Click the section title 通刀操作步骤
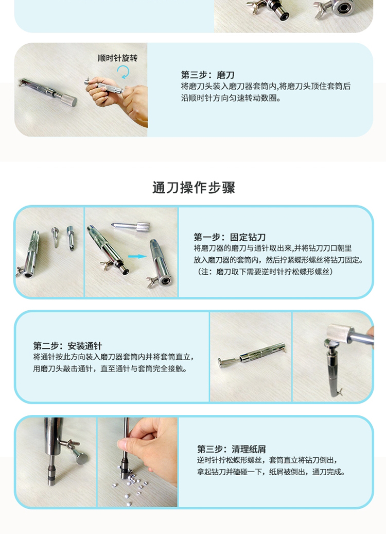click(194, 188)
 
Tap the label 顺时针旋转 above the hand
click(118, 58)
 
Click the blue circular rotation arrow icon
click(123, 72)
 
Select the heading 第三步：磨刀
click(207, 75)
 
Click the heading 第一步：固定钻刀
click(230, 237)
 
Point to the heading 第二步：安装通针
click(67, 346)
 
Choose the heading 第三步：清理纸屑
click(231, 449)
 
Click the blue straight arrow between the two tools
click(137, 256)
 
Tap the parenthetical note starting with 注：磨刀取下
click(263, 272)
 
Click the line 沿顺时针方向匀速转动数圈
click(231, 98)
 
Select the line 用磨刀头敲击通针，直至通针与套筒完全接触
click(110, 369)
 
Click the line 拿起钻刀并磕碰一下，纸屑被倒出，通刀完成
click(271, 472)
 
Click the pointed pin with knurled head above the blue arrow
click(130, 226)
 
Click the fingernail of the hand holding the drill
click(121, 444)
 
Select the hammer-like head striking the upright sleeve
click(340, 336)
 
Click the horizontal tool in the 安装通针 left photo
click(252, 355)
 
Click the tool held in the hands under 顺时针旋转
click(104, 85)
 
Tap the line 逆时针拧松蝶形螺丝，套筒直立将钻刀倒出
click(267, 460)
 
